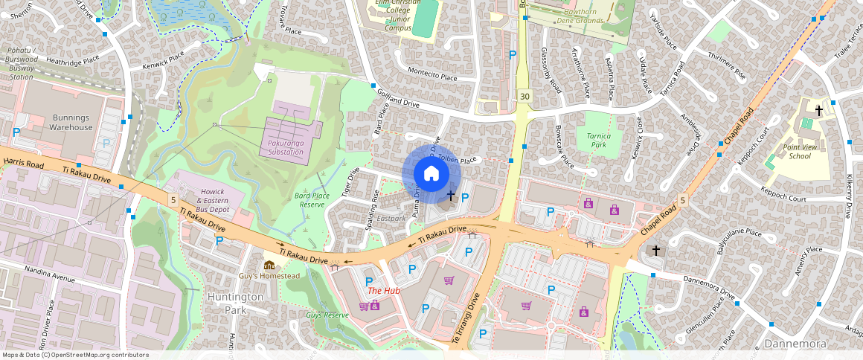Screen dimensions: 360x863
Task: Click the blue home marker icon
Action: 431,174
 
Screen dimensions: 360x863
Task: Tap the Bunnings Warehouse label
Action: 71,122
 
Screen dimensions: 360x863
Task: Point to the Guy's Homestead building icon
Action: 269,266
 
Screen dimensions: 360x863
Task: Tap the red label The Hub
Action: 384,291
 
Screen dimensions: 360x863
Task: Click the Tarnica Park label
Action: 597,141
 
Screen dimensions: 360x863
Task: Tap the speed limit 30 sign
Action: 525,97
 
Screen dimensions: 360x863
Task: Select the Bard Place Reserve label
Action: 312,199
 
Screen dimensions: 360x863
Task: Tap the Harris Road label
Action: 24,161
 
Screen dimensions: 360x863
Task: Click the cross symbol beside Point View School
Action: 819,111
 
